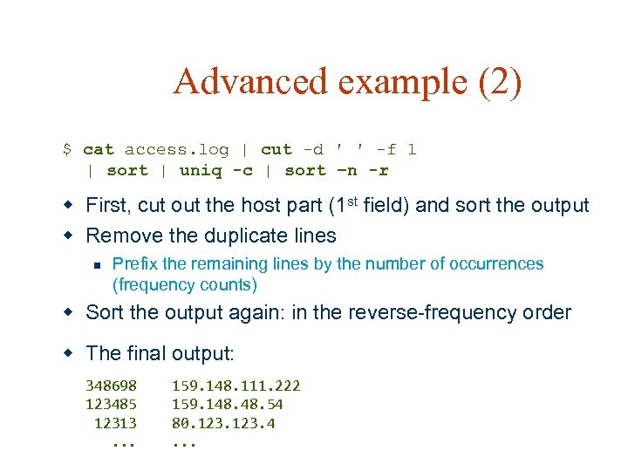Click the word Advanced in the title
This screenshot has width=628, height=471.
click(x=249, y=82)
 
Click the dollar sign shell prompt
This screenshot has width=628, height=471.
click(x=67, y=150)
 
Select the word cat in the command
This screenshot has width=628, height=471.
click(x=99, y=150)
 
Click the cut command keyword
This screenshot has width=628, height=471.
click(x=276, y=150)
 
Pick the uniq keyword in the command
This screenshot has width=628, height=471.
click(x=200, y=171)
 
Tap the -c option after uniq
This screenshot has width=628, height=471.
click(x=242, y=171)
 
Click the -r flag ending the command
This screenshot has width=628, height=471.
click(x=379, y=171)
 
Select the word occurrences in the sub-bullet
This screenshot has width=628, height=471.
click(x=496, y=263)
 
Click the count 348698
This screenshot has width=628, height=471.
click(x=111, y=386)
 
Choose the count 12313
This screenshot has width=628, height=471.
click(x=115, y=424)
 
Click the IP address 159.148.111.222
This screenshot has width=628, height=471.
click(x=235, y=386)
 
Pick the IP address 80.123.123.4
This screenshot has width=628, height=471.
click(x=223, y=424)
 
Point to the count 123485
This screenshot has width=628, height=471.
click(x=111, y=405)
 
